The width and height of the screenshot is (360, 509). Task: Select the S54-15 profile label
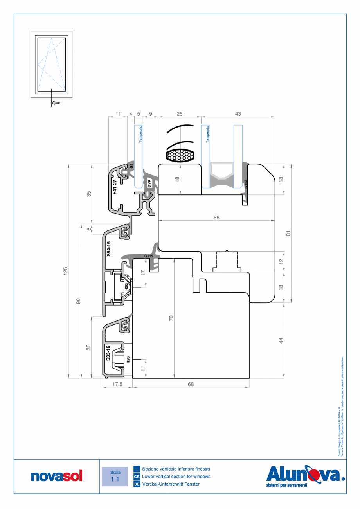(109, 249)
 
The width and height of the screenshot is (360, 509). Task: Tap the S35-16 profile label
(108, 353)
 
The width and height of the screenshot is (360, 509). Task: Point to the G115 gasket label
(148, 256)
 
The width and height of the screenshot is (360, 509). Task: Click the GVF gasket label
(149, 183)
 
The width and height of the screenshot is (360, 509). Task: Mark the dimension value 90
(78, 301)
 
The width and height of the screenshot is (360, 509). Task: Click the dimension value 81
(288, 233)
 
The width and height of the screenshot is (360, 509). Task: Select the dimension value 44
(281, 340)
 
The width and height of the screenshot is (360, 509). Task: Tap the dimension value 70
(171, 318)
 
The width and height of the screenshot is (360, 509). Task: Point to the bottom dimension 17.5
(117, 384)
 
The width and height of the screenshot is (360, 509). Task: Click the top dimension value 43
(238, 114)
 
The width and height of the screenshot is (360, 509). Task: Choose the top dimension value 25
(180, 114)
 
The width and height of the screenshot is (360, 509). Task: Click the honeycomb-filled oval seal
(180, 156)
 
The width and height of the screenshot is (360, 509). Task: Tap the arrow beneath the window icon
(56, 103)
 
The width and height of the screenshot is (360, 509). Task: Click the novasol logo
(57, 477)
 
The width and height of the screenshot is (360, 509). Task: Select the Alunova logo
(306, 475)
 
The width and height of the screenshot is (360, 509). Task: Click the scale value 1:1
(115, 479)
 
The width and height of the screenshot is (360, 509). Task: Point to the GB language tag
(137, 477)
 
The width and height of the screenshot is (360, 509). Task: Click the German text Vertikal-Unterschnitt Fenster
(171, 484)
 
